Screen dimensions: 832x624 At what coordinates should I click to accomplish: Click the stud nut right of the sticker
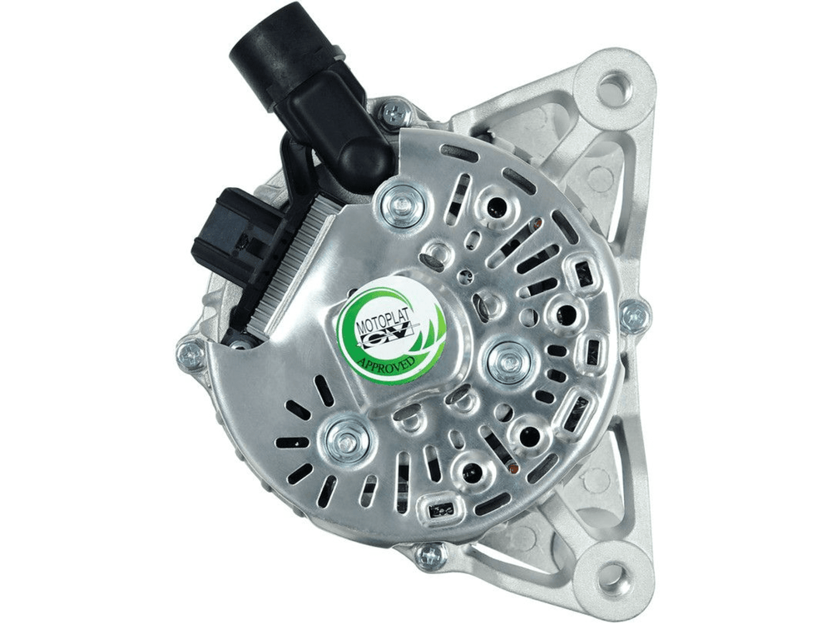coord(507,357)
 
